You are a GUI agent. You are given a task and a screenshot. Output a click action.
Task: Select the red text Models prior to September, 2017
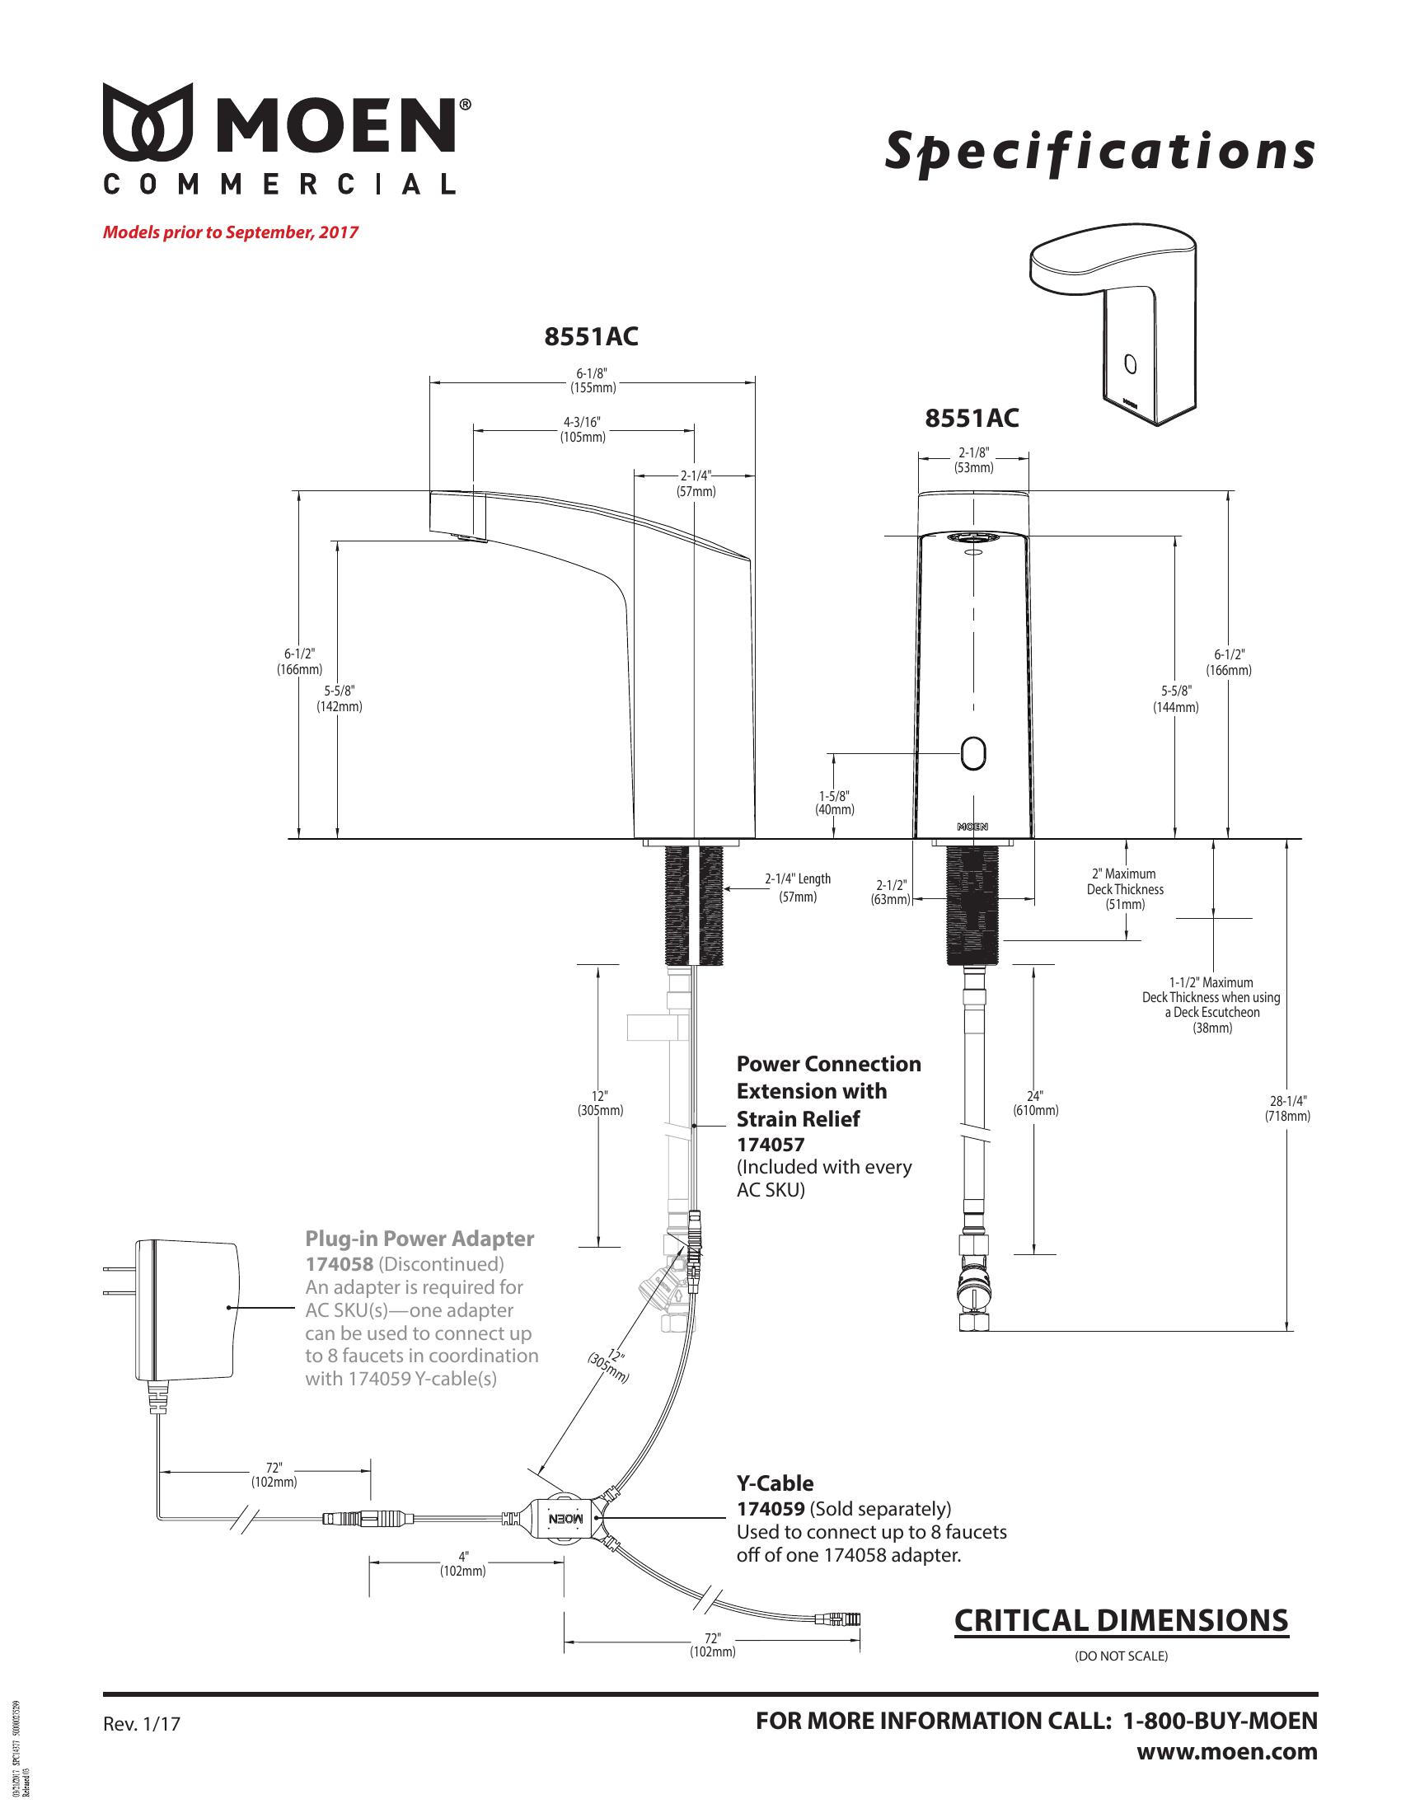[x=230, y=232]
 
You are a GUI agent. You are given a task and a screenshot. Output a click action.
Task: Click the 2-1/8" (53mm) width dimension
[x=973, y=461]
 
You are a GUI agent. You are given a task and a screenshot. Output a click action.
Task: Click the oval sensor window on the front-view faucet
[x=972, y=753]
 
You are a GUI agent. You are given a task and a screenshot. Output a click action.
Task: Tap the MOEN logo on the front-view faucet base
[x=972, y=827]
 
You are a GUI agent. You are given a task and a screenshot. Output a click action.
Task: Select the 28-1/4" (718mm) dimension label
[x=1287, y=1108]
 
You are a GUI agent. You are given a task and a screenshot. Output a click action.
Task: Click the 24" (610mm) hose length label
[x=1035, y=1103]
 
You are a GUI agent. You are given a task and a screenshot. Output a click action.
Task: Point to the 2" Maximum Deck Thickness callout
[x=1125, y=888]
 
